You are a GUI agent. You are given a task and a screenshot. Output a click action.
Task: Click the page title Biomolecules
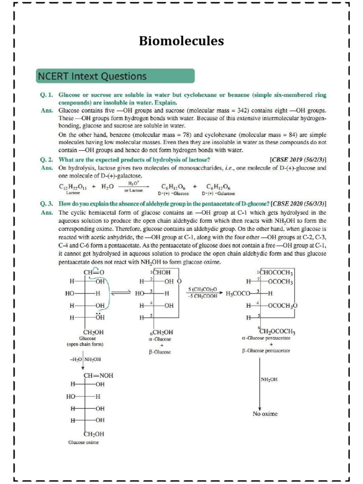click(x=181, y=41)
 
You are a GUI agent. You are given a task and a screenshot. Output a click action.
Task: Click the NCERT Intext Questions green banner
click(x=115, y=76)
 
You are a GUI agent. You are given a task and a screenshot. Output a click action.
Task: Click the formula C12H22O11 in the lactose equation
click(x=73, y=187)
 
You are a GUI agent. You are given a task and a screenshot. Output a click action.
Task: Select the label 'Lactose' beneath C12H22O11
click(x=73, y=194)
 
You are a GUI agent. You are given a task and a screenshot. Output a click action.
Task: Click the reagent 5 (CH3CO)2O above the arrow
click(x=202, y=288)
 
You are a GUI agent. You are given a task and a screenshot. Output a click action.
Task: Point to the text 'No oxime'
click(x=265, y=414)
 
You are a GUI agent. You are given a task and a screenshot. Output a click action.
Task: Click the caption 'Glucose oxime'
click(x=84, y=442)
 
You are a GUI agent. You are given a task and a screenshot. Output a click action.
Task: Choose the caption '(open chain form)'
click(x=85, y=345)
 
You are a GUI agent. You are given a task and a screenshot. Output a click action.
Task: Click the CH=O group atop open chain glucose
click(x=94, y=273)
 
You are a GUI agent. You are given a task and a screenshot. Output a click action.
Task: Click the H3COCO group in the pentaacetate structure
click(x=240, y=294)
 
